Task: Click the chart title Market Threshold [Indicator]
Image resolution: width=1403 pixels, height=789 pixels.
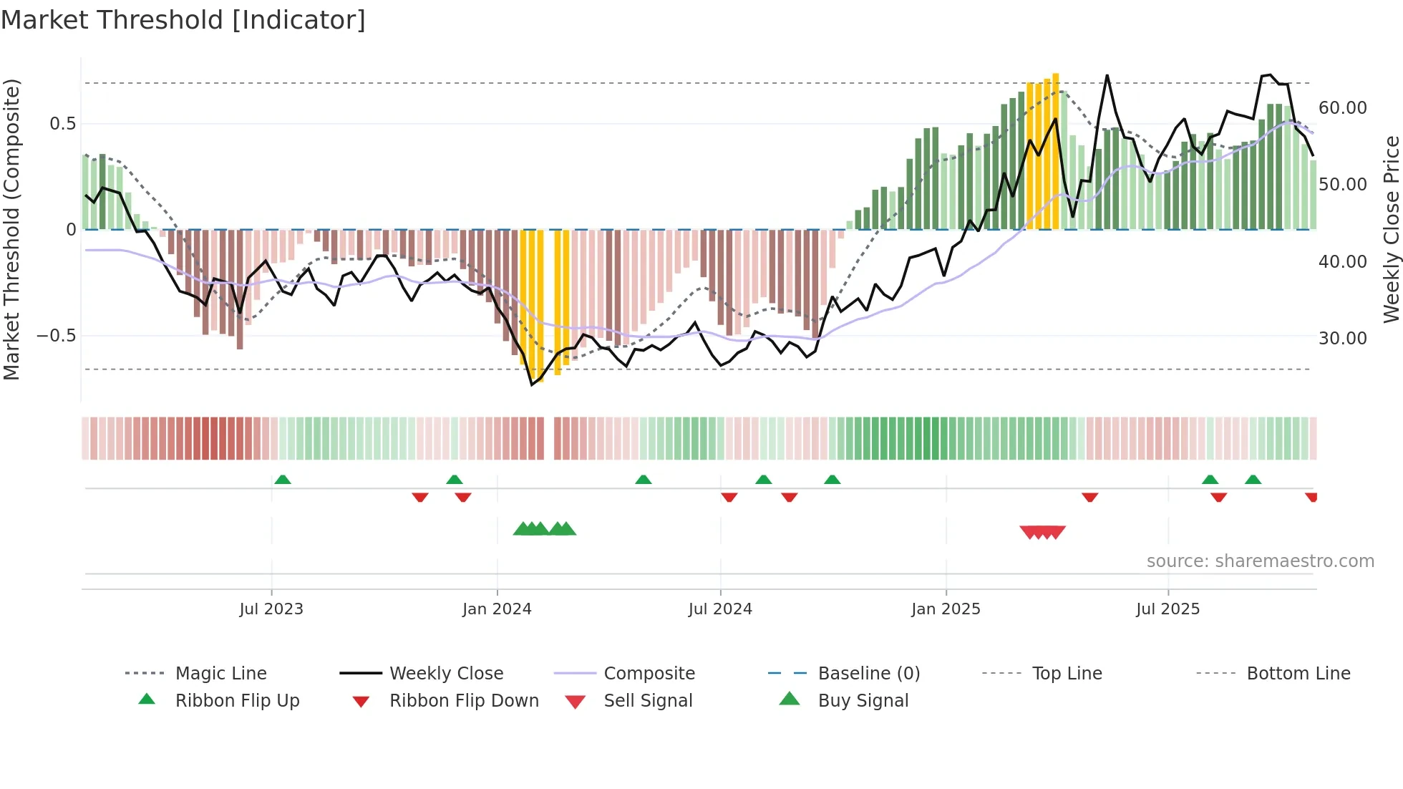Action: coord(183,20)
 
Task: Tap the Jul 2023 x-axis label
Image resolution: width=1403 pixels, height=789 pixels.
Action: coord(271,609)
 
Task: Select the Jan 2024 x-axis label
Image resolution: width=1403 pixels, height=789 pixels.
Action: coord(497,609)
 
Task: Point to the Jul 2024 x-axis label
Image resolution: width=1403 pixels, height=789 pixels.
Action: coord(720,609)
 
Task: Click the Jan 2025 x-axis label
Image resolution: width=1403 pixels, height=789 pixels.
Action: coord(946,609)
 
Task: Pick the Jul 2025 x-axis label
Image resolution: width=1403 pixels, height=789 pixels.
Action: coord(1167,609)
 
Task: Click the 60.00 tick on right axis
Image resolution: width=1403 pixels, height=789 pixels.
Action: coord(1342,108)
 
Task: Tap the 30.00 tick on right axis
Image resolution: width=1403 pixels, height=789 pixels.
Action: coord(1342,339)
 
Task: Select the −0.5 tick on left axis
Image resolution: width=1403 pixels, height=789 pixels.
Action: coord(56,336)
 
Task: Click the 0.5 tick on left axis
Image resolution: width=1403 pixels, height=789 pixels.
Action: coord(62,124)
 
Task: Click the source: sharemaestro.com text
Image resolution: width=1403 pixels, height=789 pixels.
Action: coord(1260,561)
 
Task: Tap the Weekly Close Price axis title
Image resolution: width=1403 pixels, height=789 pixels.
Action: coord(1391,229)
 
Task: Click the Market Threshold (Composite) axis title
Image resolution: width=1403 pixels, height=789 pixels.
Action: coord(11,229)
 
